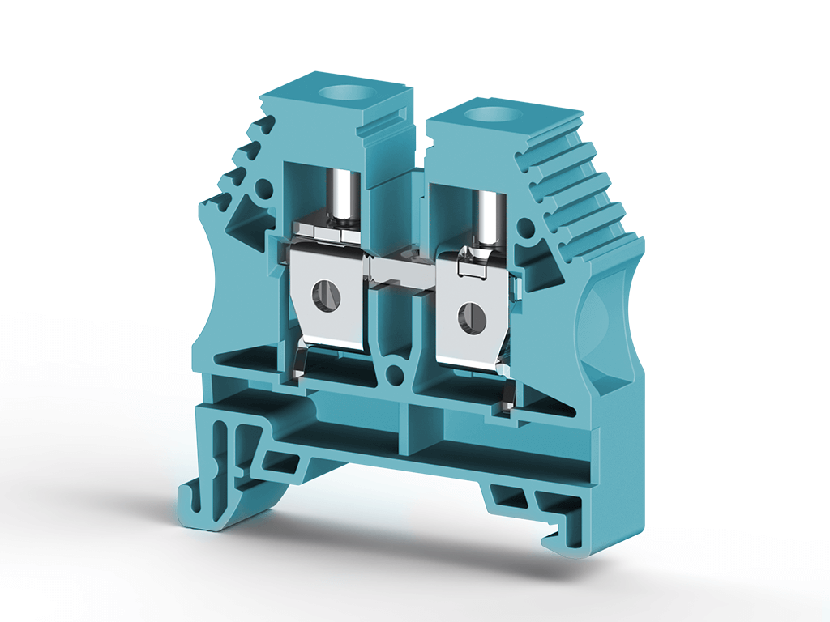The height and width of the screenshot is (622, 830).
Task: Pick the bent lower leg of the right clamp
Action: (x=507, y=397)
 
